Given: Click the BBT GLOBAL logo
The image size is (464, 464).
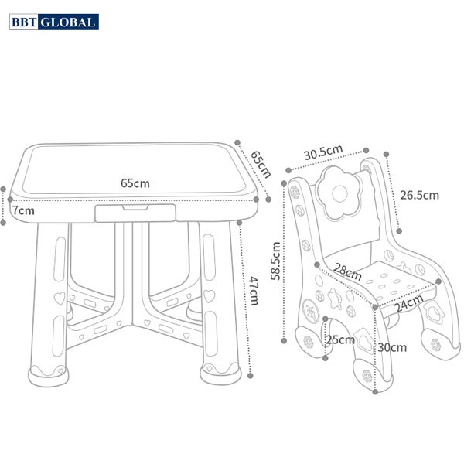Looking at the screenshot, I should [x=53, y=22].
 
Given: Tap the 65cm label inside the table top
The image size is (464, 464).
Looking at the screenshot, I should [x=135, y=183].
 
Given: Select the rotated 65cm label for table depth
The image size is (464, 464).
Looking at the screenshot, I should [x=260, y=163].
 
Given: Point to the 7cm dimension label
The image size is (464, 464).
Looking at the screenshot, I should [x=22, y=210].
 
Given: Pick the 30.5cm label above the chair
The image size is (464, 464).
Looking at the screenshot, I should [x=322, y=152].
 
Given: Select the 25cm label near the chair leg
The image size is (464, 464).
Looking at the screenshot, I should [x=339, y=340].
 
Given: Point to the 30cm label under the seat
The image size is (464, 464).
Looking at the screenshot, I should [x=393, y=347].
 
